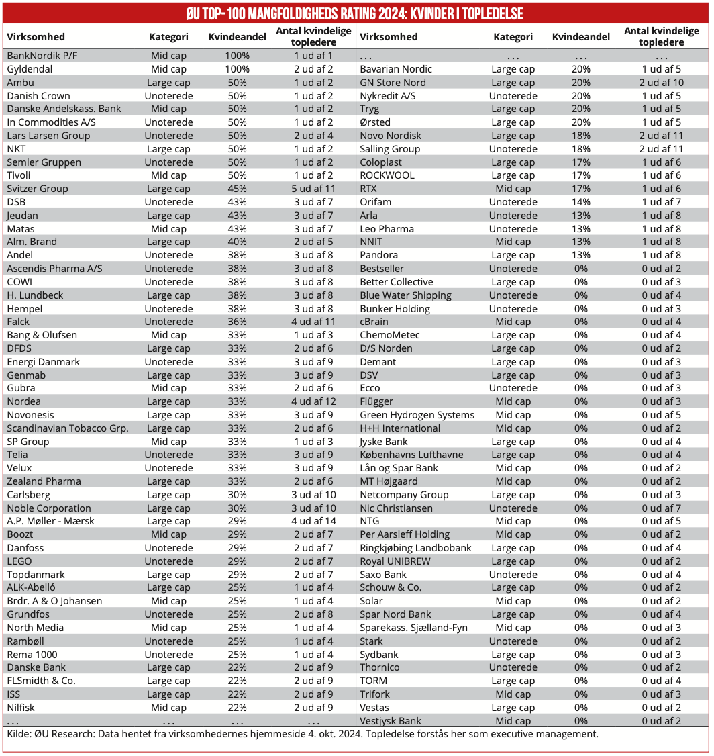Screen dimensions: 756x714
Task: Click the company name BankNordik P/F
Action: pyautogui.click(x=41, y=56)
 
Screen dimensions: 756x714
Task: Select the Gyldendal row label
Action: pyautogui.click(x=31, y=69)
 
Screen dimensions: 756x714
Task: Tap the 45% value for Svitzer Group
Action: pyautogui.click(x=237, y=189)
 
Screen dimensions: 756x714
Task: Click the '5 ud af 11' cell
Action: pyautogui.click(x=313, y=189)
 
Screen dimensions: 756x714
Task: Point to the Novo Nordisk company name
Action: pyautogui.click(x=391, y=136)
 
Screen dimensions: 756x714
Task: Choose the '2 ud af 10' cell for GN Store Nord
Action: pyautogui.click(x=662, y=83)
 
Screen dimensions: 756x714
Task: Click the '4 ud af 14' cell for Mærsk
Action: pyautogui.click(x=313, y=521)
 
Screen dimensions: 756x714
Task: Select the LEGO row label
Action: pyautogui.click(x=19, y=561)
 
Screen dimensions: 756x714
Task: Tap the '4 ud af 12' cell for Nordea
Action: pyautogui.click(x=313, y=401)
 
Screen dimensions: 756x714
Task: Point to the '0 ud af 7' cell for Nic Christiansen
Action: pyautogui.click(x=662, y=508)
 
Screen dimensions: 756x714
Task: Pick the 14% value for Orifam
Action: pyautogui.click(x=581, y=202)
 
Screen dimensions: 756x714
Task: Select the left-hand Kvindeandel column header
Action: pyautogui.click(x=237, y=37)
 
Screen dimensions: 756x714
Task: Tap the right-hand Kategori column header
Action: pyautogui.click(x=513, y=37)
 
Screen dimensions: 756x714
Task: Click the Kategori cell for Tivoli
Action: pyautogui.click(x=168, y=175)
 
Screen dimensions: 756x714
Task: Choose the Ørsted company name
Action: pyautogui.click(x=375, y=122)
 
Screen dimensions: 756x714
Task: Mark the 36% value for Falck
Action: pyautogui.click(x=237, y=322)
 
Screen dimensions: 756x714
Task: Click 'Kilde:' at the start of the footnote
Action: pyautogui.click(x=19, y=734)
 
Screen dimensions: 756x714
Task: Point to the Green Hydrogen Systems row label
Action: pyautogui.click(x=417, y=415)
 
